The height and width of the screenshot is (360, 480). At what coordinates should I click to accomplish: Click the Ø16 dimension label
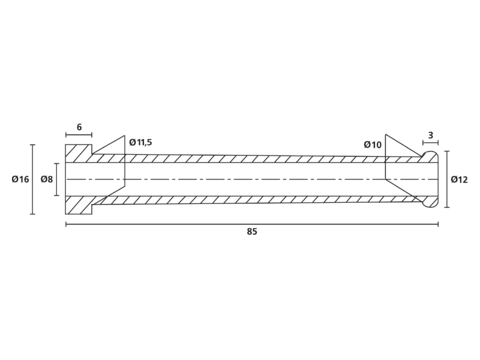point(20,179)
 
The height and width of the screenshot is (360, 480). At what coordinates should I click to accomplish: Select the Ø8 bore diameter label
point(47,179)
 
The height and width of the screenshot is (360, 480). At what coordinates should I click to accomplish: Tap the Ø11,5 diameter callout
point(140,142)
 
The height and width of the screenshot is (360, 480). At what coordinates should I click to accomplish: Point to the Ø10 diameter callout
point(373,145)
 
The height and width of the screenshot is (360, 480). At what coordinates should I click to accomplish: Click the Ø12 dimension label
point(459,179)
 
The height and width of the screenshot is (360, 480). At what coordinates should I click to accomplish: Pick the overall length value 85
point(252,232)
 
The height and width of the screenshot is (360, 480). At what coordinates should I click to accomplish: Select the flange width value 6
point(79,127)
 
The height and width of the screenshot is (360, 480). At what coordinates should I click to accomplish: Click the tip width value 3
point(431,136)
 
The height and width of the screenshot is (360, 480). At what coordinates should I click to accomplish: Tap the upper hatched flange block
point(79,154)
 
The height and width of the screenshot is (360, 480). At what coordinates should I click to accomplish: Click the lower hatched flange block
point(79,205)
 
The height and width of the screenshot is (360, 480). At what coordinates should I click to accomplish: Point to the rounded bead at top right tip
point(430,157)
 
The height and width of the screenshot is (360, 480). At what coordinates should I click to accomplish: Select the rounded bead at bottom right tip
point(430,202)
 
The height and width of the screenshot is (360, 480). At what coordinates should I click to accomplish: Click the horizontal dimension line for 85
point(252,224)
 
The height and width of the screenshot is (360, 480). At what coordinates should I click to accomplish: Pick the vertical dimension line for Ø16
point(33,179)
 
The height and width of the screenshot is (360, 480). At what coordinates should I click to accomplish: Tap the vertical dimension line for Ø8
point(56,179)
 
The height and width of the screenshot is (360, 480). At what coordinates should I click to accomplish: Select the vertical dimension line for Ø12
point(446,179)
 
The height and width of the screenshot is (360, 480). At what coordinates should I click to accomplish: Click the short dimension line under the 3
point(430,143)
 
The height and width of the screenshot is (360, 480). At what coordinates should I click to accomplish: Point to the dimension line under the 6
point(79,134)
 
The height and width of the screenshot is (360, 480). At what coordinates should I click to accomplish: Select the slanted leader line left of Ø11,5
point(109,144)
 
